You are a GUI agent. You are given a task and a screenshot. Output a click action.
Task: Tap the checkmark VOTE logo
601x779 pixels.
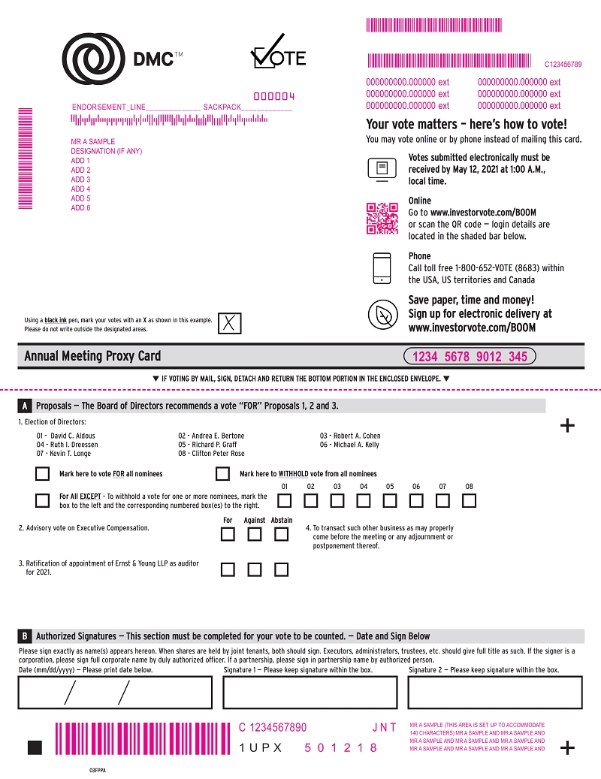(277, 52)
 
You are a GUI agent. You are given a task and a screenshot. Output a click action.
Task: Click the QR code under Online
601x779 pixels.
(382, 219)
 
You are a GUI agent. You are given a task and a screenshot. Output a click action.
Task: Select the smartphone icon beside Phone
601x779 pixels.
(382, 269)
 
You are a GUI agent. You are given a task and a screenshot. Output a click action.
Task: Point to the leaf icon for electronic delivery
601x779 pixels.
(382, 314)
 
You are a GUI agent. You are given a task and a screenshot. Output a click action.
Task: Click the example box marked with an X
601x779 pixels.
(231, 324)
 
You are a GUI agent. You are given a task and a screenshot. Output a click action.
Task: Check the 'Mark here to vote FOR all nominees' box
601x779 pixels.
(43, 474)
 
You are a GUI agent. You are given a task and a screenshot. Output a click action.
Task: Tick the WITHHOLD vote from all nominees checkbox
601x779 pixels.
(222, 474)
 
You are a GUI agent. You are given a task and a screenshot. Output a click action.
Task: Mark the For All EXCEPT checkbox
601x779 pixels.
(43, 500)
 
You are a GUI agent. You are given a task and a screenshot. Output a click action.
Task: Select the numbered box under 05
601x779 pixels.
(390, 500)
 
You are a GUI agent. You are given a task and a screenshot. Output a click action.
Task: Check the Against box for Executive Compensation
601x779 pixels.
(255, 535)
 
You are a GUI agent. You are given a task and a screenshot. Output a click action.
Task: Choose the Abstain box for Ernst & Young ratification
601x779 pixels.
(281, 569)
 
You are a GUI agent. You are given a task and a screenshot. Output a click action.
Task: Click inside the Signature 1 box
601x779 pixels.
(310, 692)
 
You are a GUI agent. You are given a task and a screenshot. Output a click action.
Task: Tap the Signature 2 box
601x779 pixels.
(495, 692)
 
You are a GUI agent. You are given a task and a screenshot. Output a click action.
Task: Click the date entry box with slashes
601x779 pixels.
(115, 692)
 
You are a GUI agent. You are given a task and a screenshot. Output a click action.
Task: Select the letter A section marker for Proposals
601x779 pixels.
(25, 406)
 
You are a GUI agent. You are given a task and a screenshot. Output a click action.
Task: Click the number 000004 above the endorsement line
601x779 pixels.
(274, 96)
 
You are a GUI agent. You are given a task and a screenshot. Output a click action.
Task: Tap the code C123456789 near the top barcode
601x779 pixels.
(563, 65)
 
